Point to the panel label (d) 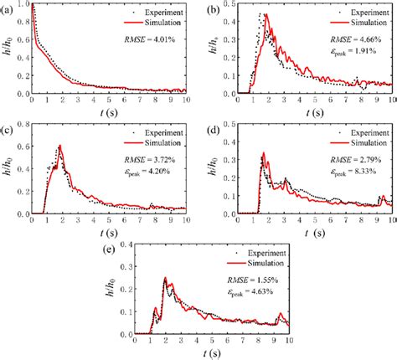pos(214,130)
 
